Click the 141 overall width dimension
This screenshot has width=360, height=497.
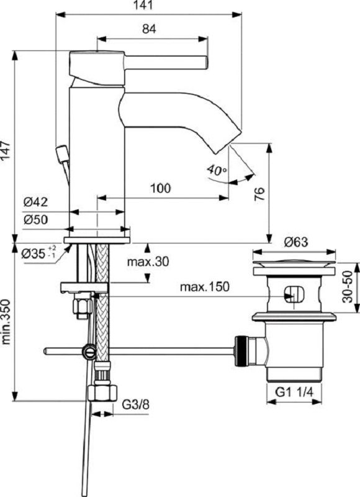pos(149,6)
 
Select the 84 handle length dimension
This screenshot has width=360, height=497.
pos(148,29)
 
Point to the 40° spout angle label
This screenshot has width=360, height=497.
pos(217,170)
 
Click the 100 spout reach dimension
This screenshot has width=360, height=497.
pos(160,188)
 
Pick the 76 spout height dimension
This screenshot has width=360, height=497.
pos(260,194)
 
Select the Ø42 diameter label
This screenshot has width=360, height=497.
pos(36,203)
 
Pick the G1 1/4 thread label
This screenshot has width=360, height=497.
pos(294,393)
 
